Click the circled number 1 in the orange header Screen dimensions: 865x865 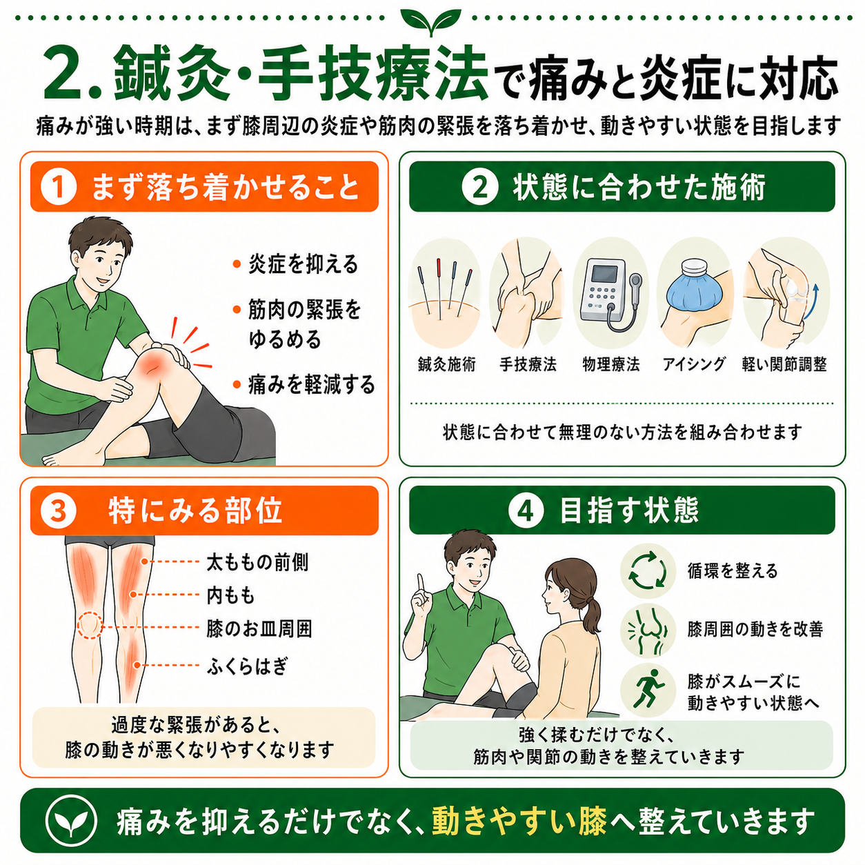tap(59, 187)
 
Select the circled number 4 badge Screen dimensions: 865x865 tap(526, 510)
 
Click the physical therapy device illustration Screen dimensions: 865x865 tap(610, 296)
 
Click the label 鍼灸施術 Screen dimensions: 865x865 tap(446, 364)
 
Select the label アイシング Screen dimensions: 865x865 tap(694, 364)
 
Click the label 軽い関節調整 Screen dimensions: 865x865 tap(784, 364)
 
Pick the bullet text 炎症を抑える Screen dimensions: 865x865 tap(304, 264)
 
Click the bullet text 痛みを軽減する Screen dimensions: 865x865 tap(312, 385)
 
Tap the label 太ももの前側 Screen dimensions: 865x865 tap(257, 562)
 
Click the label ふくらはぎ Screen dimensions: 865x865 tap(247, 666)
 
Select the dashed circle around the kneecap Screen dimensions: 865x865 tap(89, 625)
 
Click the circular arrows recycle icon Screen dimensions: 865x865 tap(647, 571)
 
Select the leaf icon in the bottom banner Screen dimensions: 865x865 tap(71, 822)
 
